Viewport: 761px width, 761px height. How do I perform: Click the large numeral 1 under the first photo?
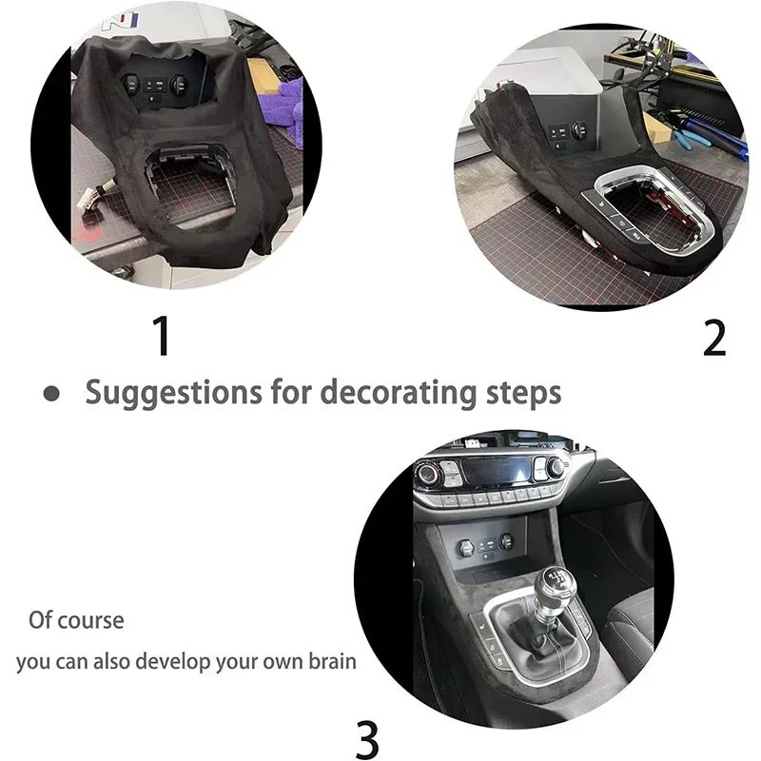[163, 336]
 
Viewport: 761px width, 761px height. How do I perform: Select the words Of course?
[76, 620]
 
